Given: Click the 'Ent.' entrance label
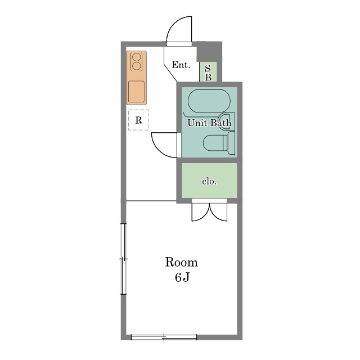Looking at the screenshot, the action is pyautogui.click(x=181, y=65).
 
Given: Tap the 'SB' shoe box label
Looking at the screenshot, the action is pyautogui.click(x=208, y=73).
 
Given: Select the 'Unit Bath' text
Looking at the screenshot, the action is pyautogui.click(x=209, y=123).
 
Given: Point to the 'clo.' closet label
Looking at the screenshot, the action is pyautogui.click(x=209, y=182).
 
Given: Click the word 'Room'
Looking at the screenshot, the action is pyautogui.click(x=181, y=262).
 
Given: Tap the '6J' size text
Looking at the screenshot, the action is pyautogui.click(x=182, y=277).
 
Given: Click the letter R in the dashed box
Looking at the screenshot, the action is pyautogui.click(x=138, y=120).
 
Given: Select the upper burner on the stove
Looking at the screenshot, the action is pyautogui.click(x=136, y=57).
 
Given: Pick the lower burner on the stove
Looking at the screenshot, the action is pyautogui.click(x=136, y=66).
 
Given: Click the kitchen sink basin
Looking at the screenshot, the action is pyautogui.click(x=136, y=92).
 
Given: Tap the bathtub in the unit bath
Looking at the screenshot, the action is pyautogui.click(x=209, y=101).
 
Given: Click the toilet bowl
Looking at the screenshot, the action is pyautogui.click(x=215, y=143).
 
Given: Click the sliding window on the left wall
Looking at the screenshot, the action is pyautogui.click(x=124, y=259).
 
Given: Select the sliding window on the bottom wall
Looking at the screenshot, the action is pyautogui.click(x=164, y=337).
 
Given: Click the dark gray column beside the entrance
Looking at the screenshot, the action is pyautogui.click(x=209, y=52).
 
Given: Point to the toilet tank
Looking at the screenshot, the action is pyautogui.click(x=231, y=143).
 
